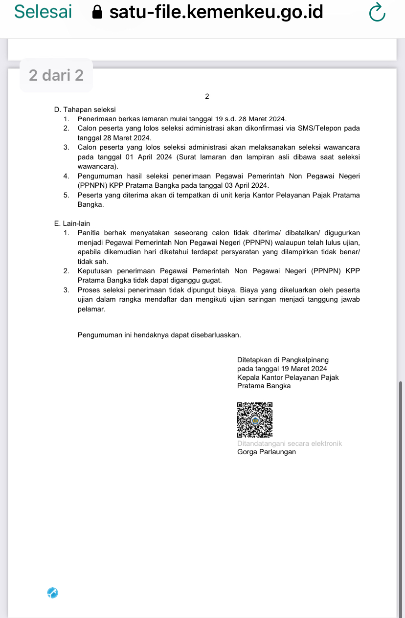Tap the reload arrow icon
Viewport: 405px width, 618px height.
(377, 13)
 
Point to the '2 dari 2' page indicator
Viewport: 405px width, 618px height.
(56, 75)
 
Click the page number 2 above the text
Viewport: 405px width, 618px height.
(207, 96)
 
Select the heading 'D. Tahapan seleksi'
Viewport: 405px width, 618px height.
(85, 110)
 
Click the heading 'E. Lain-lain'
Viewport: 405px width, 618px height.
(72, 223)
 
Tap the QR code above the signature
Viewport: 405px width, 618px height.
(254, 419)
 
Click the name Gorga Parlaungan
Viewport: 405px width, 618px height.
(267, 452)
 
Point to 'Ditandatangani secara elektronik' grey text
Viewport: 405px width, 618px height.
(290, 443)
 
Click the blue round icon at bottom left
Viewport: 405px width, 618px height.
(53, 593)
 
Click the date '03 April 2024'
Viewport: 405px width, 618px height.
(245, 186)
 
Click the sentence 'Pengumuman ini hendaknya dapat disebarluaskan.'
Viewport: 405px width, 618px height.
(159, 335)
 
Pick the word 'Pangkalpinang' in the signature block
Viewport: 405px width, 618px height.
(305, 360)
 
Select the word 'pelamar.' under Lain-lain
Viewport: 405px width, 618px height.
(91, 309)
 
